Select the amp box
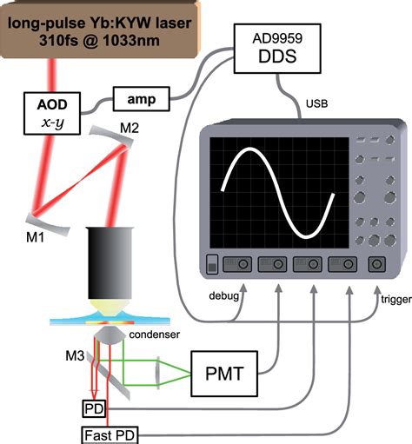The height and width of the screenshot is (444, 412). (x=137, y=100)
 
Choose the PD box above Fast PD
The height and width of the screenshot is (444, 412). (x=94, y=408)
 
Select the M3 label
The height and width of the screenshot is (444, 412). (x=76, y=355)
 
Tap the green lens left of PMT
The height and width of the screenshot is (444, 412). (x=162, y=372)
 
